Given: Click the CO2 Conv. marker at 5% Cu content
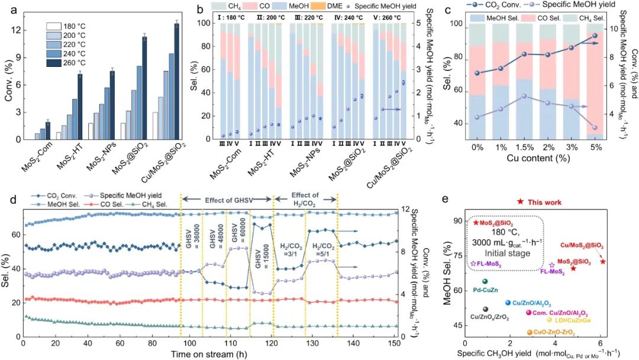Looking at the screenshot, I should [x=595, y=36].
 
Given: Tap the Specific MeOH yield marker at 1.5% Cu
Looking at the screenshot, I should [x=508, y=96].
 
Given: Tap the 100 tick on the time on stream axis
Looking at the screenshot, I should [x=188, y=343].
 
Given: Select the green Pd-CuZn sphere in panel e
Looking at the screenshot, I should [x=485, y=282].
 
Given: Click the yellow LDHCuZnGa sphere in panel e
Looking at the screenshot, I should [x=550, y=320].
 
